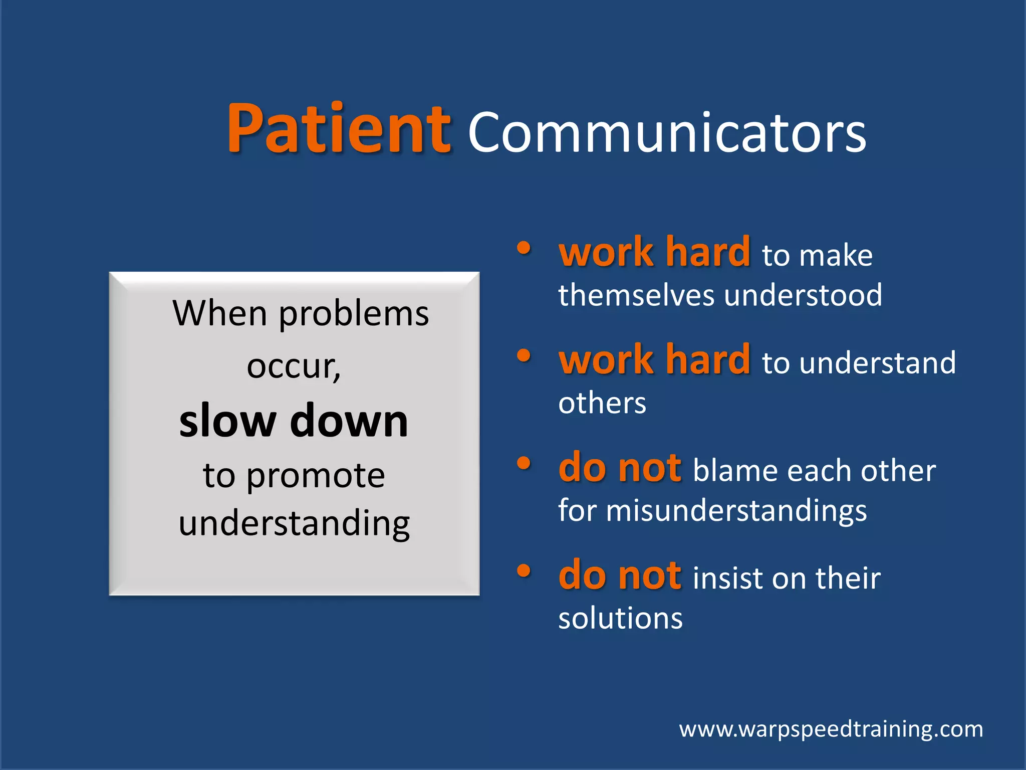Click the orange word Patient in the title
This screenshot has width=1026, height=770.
tap(339, 129)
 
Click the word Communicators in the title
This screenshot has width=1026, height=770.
tap(666, 133)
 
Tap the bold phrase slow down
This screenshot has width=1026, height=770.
tap(294, 421)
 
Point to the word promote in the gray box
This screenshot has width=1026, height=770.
tap(316, 476)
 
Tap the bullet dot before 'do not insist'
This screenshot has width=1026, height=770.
tap(524, 570)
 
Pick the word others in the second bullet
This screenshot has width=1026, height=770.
tap(602, 403)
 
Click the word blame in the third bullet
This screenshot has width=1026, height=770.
tap(735, 471)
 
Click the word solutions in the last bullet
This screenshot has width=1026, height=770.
tap(620, 619)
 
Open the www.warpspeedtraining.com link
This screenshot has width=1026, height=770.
tap(831, 729)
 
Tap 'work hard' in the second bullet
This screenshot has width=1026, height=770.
tap(654, 360)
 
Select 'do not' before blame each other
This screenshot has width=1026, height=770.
tap(620, 468)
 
